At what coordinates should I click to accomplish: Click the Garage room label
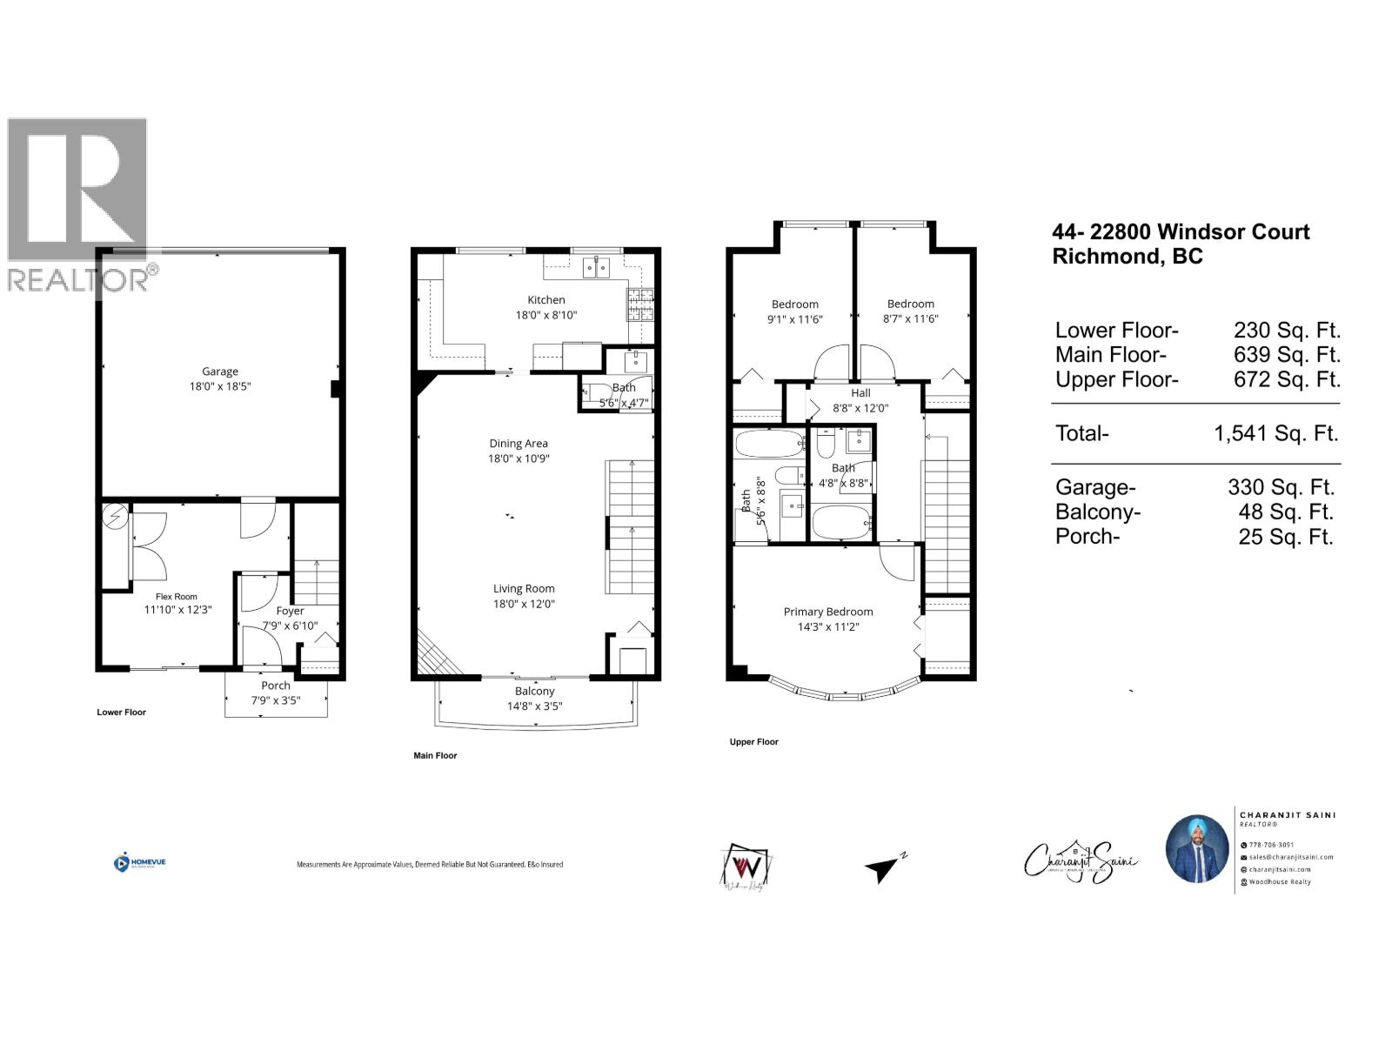tap(220, 371)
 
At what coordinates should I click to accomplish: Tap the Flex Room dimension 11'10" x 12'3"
tap(177, 610)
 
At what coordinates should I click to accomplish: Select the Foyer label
tap(290, 611)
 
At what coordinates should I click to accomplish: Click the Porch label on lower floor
tap(276, 686)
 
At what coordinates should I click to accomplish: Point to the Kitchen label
tap(545, 300)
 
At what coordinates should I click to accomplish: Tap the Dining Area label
tap(519, 444)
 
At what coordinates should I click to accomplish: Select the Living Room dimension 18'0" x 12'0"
tap(524, 604)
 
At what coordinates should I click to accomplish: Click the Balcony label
tap(534, 691)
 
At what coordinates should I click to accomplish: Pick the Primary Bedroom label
tap(827, 612)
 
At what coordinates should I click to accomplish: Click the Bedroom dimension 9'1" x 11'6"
tap(794, 319)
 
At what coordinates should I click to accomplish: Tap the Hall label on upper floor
tap(860, 393)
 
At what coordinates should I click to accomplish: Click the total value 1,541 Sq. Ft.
tap(1275, 433)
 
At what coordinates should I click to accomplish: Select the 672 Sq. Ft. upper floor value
tap(1287, 379)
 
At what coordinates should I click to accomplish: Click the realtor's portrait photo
tap(1197, 848)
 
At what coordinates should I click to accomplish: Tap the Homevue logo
tap(139, 862)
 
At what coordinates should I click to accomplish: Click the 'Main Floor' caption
tap(435, 755)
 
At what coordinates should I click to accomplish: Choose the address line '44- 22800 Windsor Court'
tap(1180, 232)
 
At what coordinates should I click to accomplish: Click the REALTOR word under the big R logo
tap(78, 280)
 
